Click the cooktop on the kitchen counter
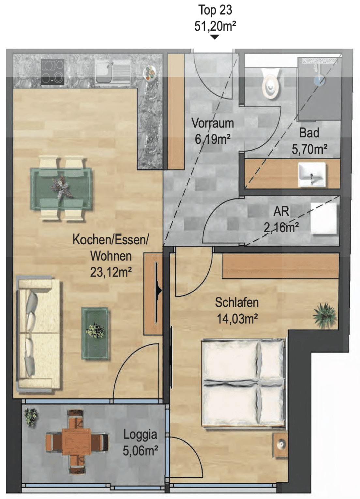coord(53,72)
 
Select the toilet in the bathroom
coord(271,83)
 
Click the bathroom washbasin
coord(312,174)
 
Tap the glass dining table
coord(61,189)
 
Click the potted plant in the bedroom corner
coord(324,315)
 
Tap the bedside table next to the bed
coord(280,445)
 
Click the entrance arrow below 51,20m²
coord(215,37)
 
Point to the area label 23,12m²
coord(111,272)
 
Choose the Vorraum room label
coord(213,123)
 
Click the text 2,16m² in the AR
coord(281,228)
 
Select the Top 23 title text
coord(215,10)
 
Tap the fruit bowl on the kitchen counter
coord(150,73)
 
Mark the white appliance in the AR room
coord(324,218)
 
